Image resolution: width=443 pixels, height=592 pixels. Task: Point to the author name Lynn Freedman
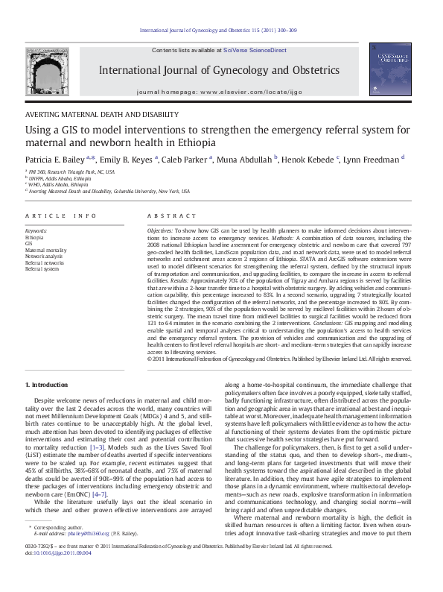[x=374, y=159]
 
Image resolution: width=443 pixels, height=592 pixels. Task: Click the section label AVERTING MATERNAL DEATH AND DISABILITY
[x=102, y=115]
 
